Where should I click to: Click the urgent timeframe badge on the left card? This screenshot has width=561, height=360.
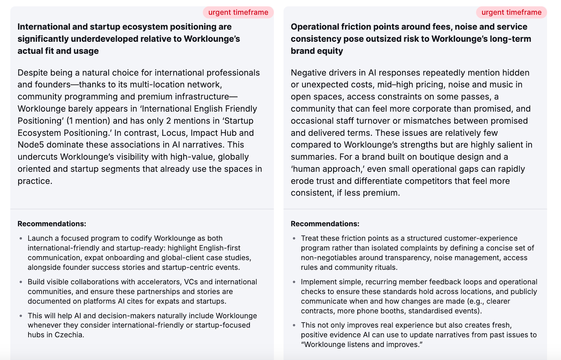(x=238, y=12)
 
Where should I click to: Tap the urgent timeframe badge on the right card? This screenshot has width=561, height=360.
(x=511, y=12)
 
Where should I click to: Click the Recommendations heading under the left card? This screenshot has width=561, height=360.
(x=52, y=224)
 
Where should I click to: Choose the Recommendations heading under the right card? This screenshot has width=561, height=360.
(x=325, y=224)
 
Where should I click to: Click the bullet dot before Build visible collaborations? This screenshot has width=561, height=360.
(x=21, y=282)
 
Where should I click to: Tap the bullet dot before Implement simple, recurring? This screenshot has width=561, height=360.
(x=294, y=282)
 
